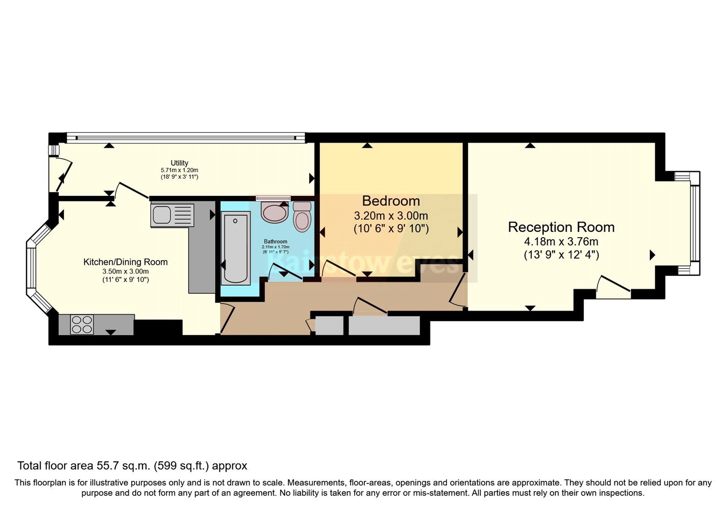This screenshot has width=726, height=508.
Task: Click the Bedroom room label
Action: (x=391, y=201)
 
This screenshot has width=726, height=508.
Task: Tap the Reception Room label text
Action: (x=561, y=227)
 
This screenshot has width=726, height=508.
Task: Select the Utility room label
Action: (x=179, y=163)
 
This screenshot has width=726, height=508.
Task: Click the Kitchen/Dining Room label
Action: (x=125, y=262)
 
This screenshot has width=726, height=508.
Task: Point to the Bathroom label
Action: (x=275, y=241)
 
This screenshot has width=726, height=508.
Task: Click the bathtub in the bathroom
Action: (x=236, y=249)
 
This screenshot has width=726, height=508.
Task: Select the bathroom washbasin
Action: (x=275, y=212)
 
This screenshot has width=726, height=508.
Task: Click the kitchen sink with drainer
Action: (x=172, y=215)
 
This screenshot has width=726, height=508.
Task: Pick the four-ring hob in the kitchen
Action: (x=82, y=324)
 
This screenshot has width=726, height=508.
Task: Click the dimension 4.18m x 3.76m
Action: (x=561, y=241)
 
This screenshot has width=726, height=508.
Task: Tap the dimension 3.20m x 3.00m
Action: (x=391, y=215)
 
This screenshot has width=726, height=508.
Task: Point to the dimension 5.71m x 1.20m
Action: (x=179, y=170)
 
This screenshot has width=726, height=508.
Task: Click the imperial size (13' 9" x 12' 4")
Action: (x=561, y=255)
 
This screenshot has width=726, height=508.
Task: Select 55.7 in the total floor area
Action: (x=107, y=466)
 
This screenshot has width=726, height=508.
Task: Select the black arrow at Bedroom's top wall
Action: (x=367, y=146)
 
